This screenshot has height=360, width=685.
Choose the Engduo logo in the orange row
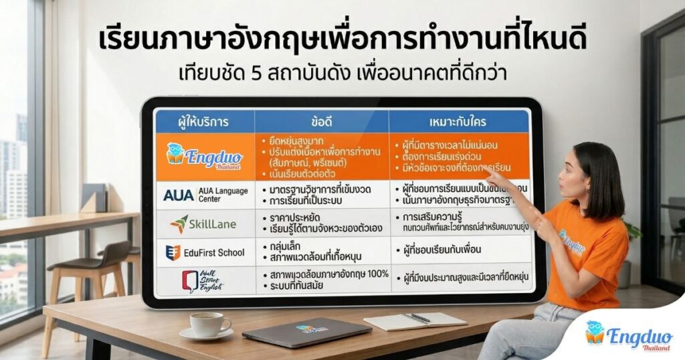point(204,155)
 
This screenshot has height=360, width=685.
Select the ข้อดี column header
point(322,121)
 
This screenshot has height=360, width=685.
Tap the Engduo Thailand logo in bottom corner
point(619,337)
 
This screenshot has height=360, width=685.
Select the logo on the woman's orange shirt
point(572,241)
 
